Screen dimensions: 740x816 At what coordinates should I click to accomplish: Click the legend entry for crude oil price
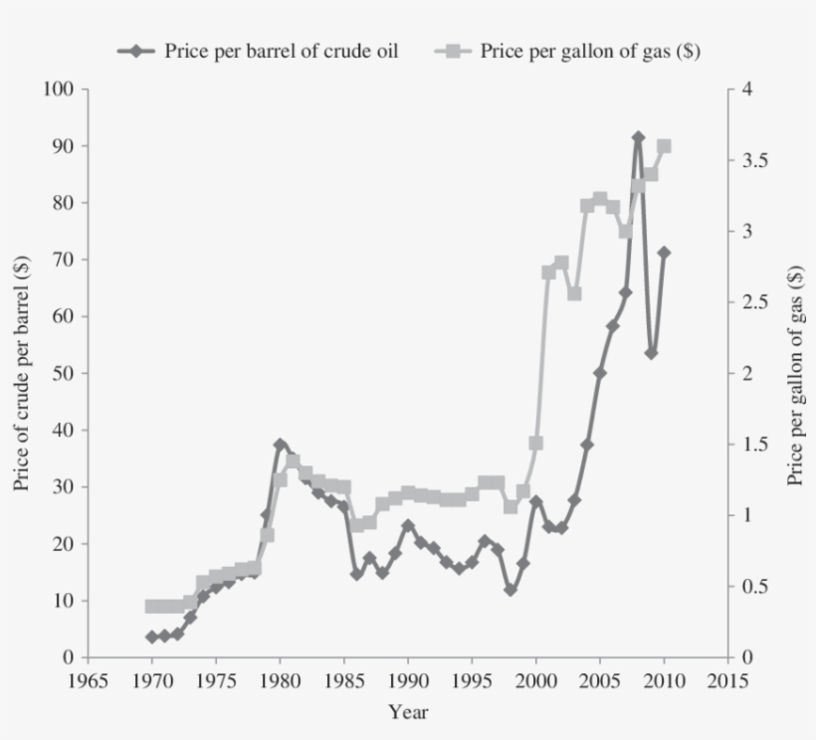point(259,52)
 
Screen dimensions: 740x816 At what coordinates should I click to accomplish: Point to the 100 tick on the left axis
point(59,90)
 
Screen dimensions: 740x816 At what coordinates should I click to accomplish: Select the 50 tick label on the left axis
point(64,373)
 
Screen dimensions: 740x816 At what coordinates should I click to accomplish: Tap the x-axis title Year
point(408,712)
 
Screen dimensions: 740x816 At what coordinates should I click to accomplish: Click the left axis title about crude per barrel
point(22,373)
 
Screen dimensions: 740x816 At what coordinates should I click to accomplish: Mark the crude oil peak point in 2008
point(638,137)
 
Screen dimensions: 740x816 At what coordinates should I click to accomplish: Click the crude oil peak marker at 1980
point(280,445)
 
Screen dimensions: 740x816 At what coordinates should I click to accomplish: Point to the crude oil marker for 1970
point(151,637)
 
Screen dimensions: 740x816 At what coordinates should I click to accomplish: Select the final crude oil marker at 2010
point(664,253)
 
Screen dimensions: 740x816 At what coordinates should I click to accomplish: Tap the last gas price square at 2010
point(664,146)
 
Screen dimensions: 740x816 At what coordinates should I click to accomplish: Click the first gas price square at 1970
point(151,606)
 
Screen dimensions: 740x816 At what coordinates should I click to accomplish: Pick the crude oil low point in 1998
point(510,590)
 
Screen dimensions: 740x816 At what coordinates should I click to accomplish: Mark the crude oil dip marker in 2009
point(651,353)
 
